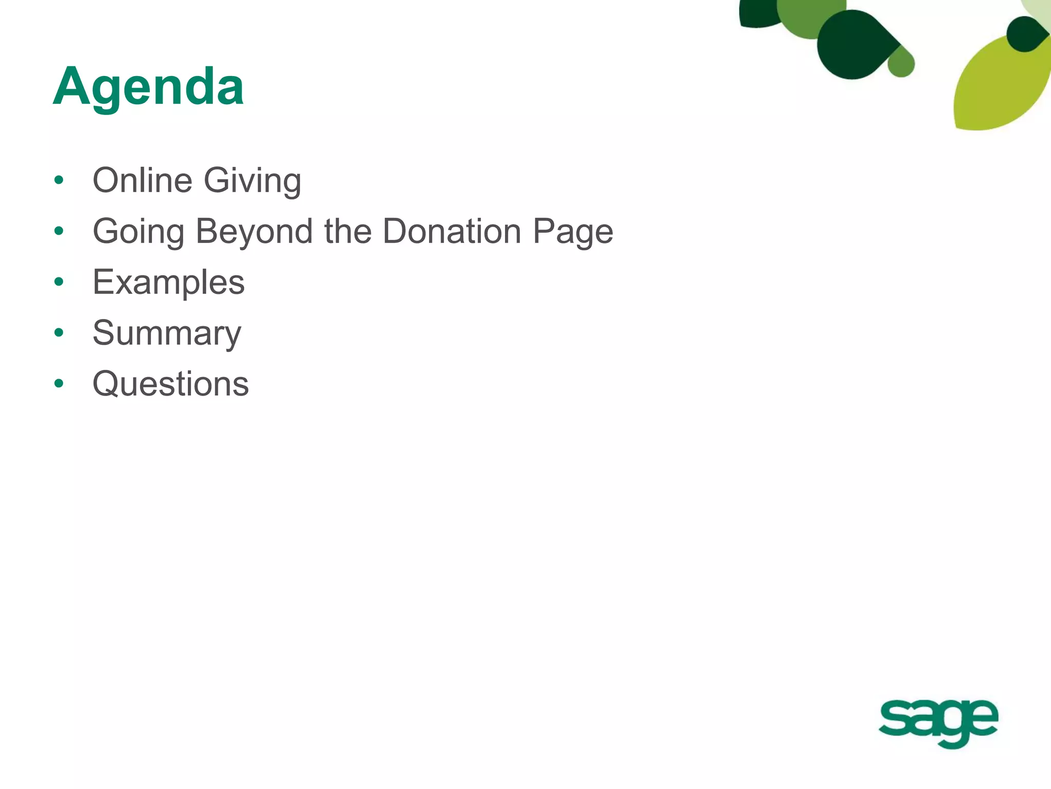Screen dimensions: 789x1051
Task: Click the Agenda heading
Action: pos(148,87)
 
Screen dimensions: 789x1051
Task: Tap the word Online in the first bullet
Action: pos(142,180)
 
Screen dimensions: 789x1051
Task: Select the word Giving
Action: pos(252,181)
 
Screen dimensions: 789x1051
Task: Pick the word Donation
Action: pos(452,231)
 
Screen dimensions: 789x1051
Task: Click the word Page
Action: pos(573,232)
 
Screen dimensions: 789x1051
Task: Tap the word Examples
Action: pos(168,283)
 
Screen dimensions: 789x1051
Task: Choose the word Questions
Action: pos(170,384)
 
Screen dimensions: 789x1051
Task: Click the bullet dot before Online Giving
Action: pos(59,180)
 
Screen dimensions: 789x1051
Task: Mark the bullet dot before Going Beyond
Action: pos(59,231)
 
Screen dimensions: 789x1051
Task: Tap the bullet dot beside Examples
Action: pos(59,282)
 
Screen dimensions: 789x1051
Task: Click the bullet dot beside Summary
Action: pos(59,333)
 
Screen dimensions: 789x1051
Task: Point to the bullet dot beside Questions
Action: pos(59,384)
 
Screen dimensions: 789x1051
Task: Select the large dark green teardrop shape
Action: pos(854,45)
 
